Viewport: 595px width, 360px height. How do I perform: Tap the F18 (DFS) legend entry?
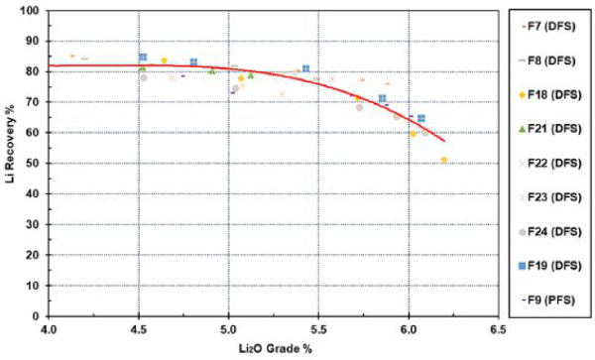(x=549, y=95)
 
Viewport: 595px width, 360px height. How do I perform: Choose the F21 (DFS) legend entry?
(x=549, y=129)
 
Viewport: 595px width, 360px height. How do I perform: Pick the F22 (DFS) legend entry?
(x=549, y=163)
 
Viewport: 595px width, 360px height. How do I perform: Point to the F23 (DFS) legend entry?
(x=549, y=197)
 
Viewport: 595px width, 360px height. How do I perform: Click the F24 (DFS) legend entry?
(x=549, y=231)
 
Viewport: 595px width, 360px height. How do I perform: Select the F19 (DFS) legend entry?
(x=549, y=266)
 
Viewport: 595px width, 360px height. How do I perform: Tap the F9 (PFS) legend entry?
(x=548, y=300)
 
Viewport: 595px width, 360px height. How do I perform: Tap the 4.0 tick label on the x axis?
(x=49, y=329)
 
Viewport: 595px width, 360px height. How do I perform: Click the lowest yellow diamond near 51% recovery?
(x=444, y=160)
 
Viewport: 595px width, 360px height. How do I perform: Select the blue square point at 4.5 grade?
(x=143, y=57)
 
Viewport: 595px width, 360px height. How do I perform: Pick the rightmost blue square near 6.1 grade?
(x=421, y=118)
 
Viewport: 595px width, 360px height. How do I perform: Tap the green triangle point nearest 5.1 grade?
(x=251, y=75)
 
